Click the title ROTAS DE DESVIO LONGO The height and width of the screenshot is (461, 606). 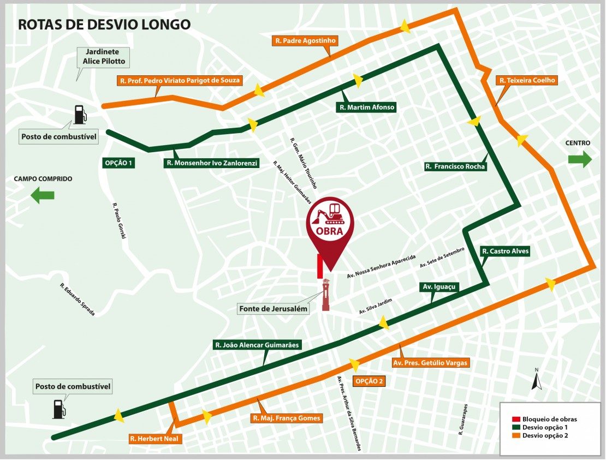[x=104, y=24]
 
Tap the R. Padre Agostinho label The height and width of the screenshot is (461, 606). [x=306, y=40]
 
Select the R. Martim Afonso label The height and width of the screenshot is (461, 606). [x=366, y=107]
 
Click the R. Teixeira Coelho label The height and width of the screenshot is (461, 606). [x=527, y=80]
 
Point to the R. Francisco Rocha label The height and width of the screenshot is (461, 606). [x=455, y=166]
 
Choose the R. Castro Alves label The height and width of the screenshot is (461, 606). [x=505, y=251]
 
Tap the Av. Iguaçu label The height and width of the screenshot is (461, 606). [x=439, y=286]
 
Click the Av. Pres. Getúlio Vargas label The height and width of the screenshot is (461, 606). [x=431, y=363]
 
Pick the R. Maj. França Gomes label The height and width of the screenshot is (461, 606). [x=286, y=418]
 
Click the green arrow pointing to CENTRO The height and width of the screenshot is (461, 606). [x=580, y=159]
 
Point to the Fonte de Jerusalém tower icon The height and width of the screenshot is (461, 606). [x=326, y=295]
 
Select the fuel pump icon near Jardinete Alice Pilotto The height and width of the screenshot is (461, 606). [x=80, y=113]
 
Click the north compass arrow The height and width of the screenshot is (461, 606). [x=537, y=380]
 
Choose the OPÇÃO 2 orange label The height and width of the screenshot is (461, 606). [x=368, y=381]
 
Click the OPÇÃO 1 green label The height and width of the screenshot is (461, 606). [x=118, y=163]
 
